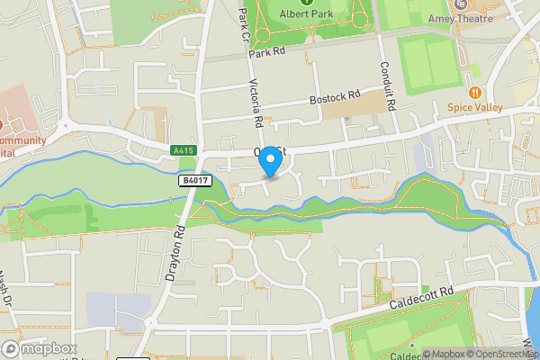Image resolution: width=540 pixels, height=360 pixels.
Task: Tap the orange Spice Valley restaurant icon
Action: click(473, 92)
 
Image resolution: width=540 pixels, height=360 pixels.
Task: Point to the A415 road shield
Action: click(184, 149)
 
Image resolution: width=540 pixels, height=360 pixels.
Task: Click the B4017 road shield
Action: click(191, 180)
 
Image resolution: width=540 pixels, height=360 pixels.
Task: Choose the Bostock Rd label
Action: click(334, 95)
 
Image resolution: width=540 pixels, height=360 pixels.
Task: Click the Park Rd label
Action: click(268, 52)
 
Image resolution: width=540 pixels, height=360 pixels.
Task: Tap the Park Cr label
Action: click(241, 22)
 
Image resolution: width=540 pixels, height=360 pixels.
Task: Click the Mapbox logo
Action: click(38, 348)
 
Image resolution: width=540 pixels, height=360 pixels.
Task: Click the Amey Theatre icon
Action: click(461, 4)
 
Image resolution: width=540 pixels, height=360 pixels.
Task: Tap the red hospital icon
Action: click(3, 124)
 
